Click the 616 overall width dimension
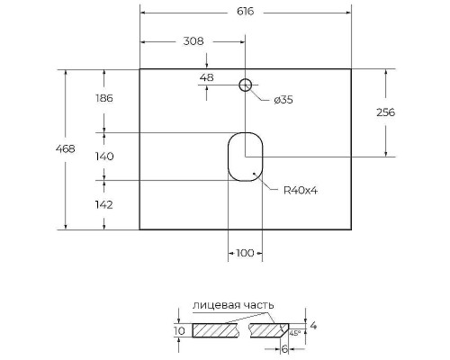(245, 12)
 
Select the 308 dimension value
(193, 41)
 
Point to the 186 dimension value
(103, 99)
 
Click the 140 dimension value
(103, 156)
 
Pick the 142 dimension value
(103, 204)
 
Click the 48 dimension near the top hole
(206, 78)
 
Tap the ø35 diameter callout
(282, 100)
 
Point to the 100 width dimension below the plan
(244, 253)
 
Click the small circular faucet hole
(244, 85)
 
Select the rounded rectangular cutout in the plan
(244, 157)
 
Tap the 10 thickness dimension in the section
(179, 331)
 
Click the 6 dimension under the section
(284, 348)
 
